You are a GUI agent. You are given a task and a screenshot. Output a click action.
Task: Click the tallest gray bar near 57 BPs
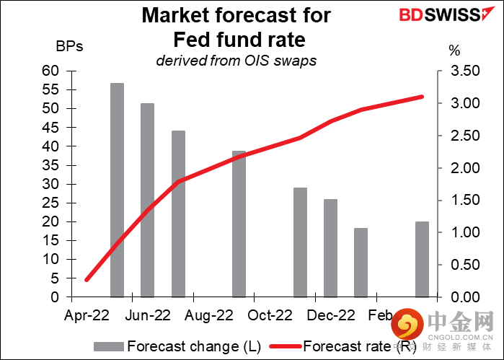(117, 190)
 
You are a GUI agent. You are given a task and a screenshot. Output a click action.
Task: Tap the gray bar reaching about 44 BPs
(178, 214)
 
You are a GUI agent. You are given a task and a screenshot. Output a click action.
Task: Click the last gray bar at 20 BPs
(422, 259)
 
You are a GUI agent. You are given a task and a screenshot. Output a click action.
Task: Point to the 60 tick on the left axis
(50, 71)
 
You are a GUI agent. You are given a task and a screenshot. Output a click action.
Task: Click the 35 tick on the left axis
(50, 165)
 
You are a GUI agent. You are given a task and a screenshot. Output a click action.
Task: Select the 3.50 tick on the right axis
(465, 71)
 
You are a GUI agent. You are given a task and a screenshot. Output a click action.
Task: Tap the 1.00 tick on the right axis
(465, 232)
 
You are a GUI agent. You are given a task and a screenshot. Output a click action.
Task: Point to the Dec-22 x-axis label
(331, 315)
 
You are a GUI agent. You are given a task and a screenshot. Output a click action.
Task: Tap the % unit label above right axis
(454, 51)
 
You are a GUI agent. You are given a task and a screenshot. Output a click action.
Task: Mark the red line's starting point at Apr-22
(87, 280)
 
